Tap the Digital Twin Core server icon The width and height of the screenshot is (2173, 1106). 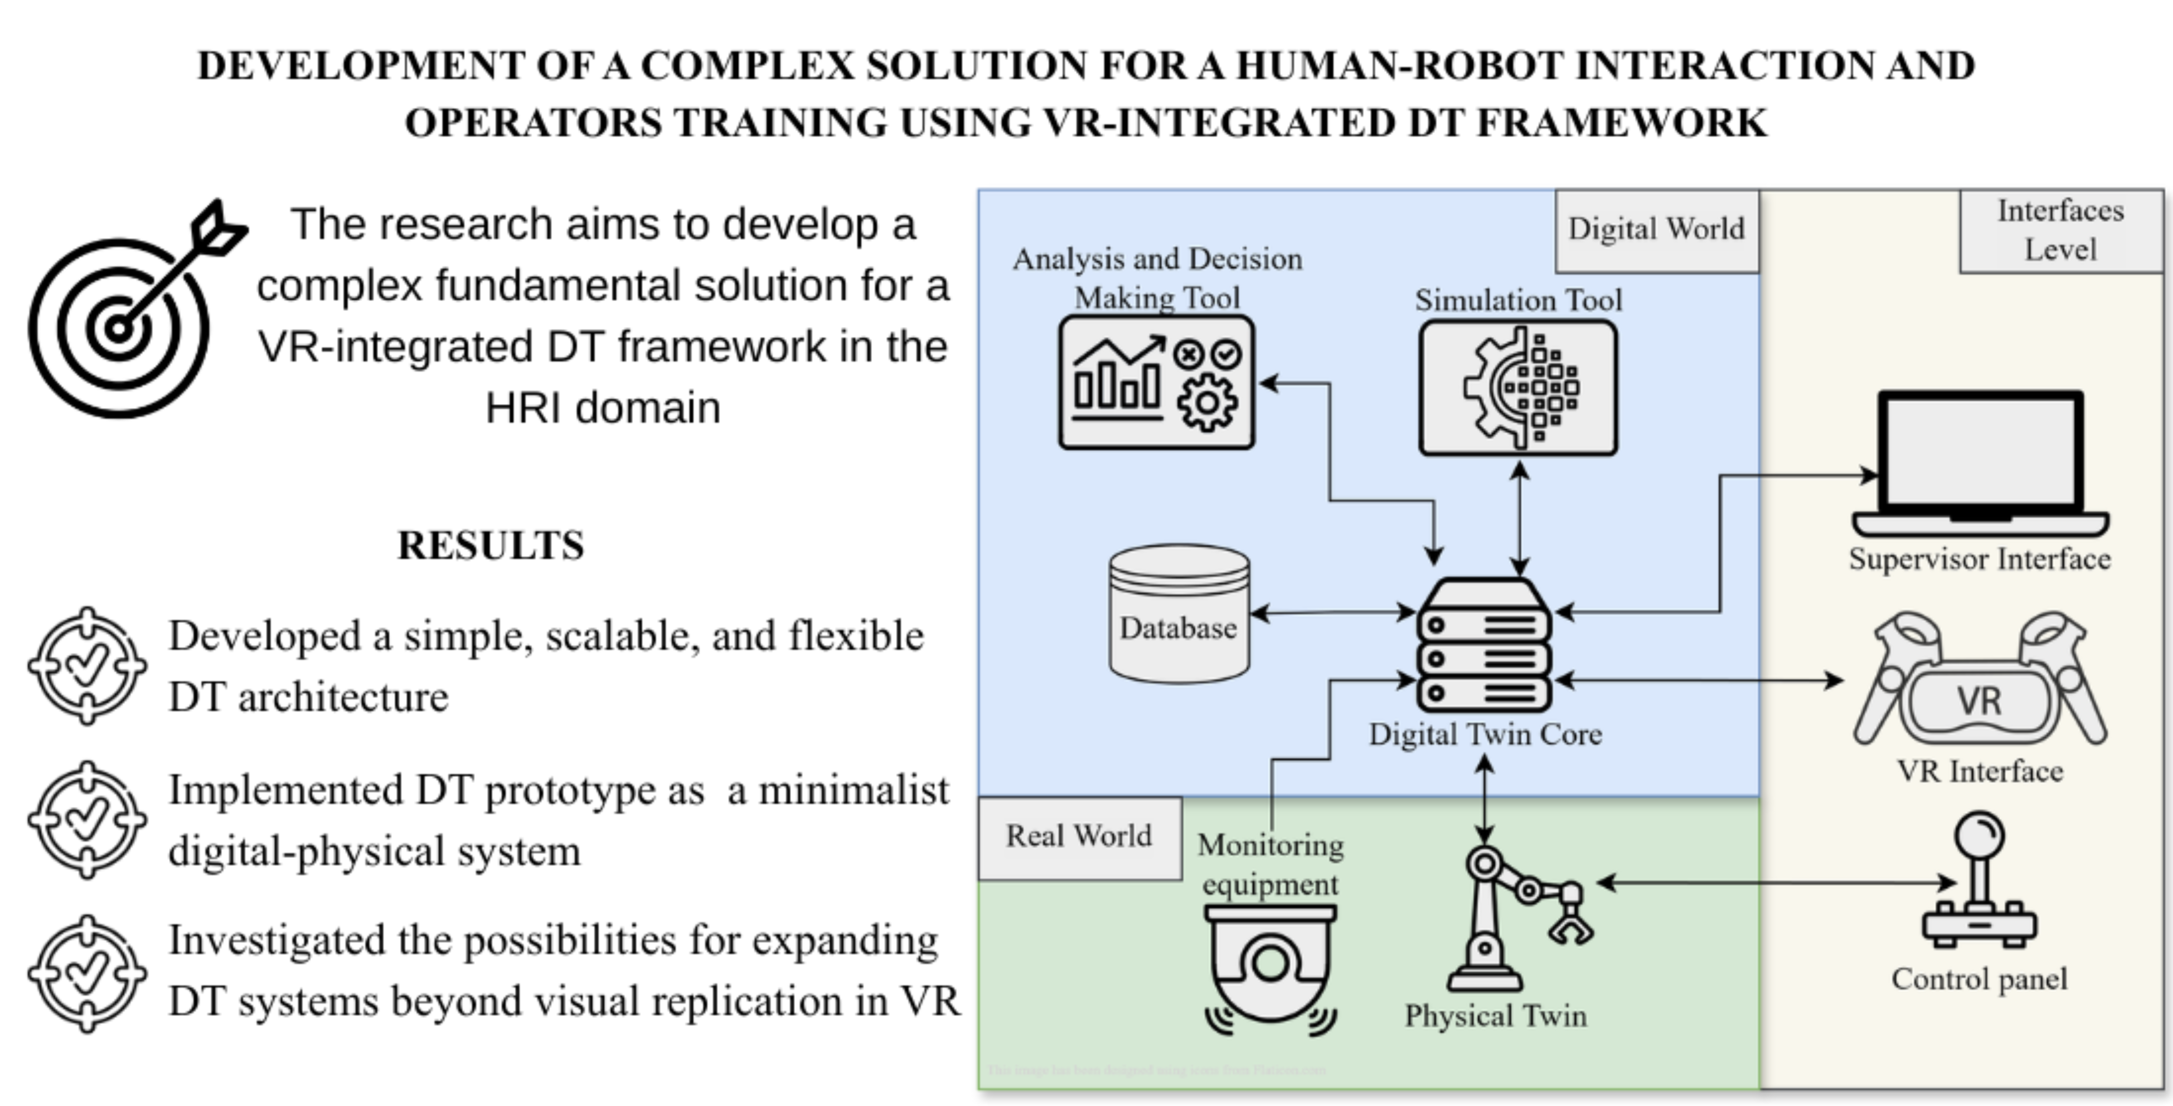pyautogui.click(x=1485, y=645)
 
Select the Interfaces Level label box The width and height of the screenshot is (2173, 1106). pyautogui.click(x=2061, y=230)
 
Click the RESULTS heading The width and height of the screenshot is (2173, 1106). pyautogui.click(x=491, y=546)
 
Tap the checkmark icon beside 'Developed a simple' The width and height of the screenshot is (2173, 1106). pyautogui.click(x=87, y=666)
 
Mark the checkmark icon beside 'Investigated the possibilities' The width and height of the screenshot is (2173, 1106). pyautogui.click(x=87, y=974)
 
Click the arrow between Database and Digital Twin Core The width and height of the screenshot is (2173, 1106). pyautogui.click(x=1333, y=613)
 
